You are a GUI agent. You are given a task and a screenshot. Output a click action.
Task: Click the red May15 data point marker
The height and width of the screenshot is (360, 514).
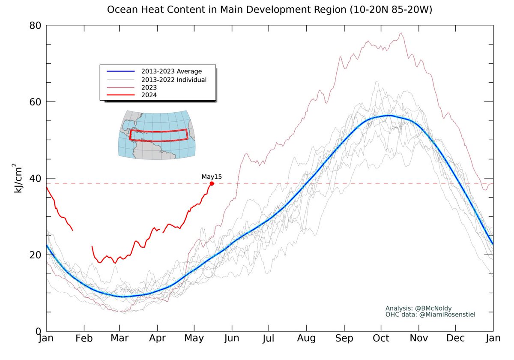pyautogui.click(x=212, y=183)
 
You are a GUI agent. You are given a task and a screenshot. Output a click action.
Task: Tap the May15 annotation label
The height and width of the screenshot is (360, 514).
pyautogui.click(x=212, y=176)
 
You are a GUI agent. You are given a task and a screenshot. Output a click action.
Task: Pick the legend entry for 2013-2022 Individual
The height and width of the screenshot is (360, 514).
pyautogui.click(x=173, y=79)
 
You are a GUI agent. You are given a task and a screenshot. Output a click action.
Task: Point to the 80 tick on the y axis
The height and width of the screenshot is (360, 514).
pyautogui.click(x=35, y=26)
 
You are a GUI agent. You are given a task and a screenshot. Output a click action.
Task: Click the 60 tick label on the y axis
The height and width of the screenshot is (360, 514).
pyautogui.click(x=35, y=102)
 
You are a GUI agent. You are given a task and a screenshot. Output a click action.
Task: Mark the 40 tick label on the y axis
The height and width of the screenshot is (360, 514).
pyautogui.click(x=35, y=178)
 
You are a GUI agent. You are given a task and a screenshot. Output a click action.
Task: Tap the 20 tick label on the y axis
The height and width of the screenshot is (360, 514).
pyautogui.click(x=35, y=255)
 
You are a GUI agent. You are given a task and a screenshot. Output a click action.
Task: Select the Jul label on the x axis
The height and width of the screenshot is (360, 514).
pyautogui.click(x=269, y=339)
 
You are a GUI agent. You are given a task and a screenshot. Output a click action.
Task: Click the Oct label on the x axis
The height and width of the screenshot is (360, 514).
pyautogui.click(x=381, y=339)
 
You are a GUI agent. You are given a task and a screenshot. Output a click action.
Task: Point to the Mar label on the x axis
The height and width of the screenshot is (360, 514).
pyautogui.click(x=120, y=339)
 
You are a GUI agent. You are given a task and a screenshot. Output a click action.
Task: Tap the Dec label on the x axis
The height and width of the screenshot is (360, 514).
pyautogui.click(x=455, y=339)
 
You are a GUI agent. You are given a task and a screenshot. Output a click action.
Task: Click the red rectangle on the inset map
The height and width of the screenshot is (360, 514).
pyautogui.click(x=158, y=135)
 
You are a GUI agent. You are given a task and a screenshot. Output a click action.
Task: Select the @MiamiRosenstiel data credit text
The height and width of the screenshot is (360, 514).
pyautogui.click(x=430, y=315)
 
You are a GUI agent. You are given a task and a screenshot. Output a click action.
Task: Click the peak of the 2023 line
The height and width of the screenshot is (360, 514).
pyautogui.click(x=401, y=33)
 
